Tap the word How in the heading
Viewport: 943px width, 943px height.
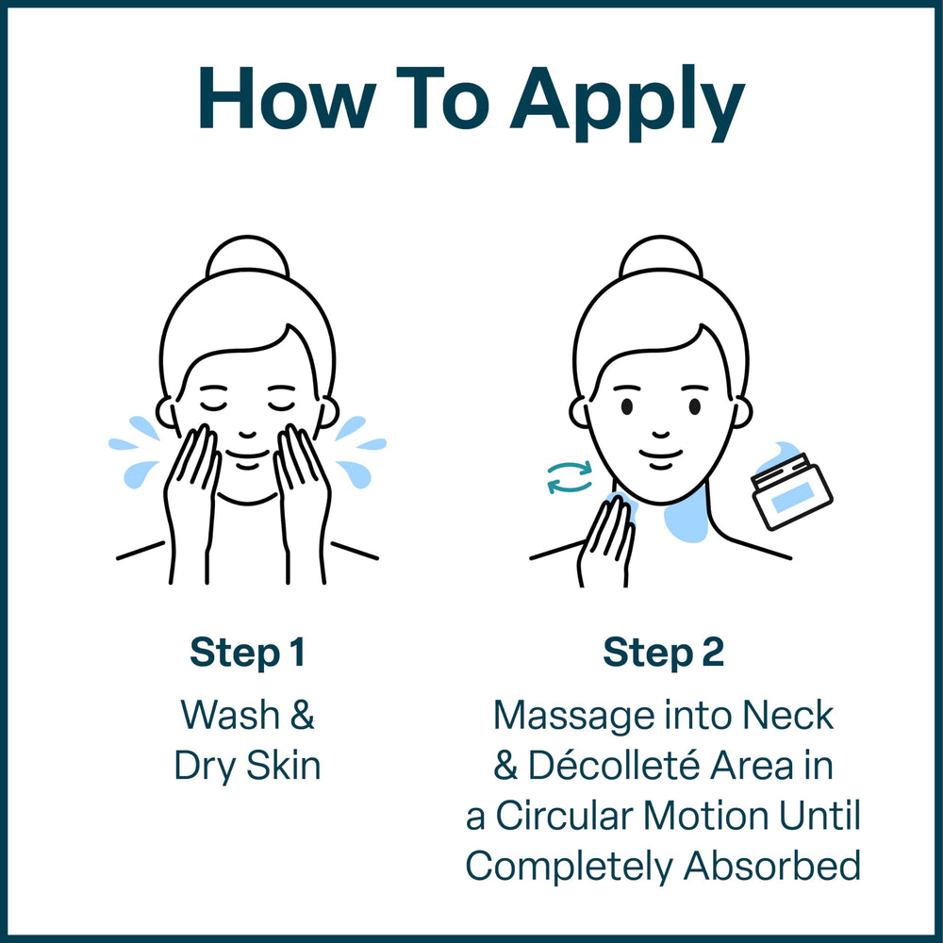point(288,98)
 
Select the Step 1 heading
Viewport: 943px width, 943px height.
point(247,653)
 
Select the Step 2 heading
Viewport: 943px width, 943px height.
point(663,653)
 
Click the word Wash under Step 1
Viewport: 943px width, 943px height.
point(230,715)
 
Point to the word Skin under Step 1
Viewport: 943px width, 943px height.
point(283,766)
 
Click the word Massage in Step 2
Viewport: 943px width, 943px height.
point(574,717)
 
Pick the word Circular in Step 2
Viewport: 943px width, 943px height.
point(564,816)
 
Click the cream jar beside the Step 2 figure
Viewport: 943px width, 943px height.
point(790,488)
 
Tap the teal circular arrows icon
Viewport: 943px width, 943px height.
point(570,477)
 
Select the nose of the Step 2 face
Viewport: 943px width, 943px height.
point(661,434)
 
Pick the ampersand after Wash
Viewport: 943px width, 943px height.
point(303,715)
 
